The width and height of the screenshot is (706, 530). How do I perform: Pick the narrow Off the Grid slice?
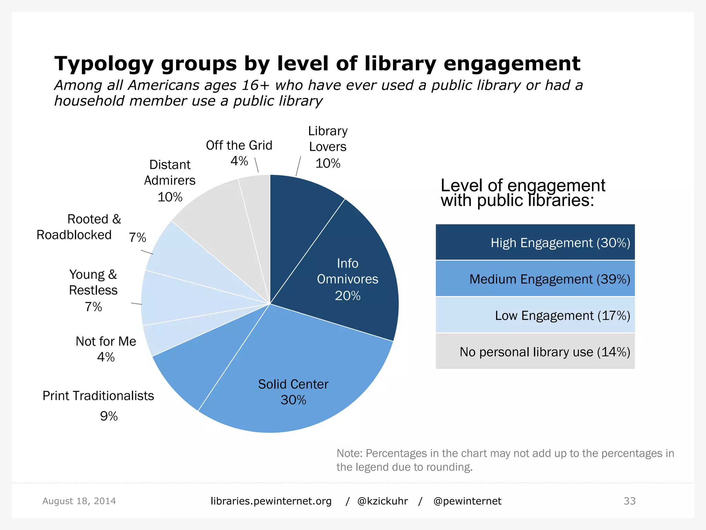[x=257, y=207]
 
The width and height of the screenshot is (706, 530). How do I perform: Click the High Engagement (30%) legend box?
[x=535, y=242]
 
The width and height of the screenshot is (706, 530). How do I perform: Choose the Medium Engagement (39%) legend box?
[x=535, y=278]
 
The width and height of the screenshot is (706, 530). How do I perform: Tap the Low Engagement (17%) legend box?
[x=535, y=315]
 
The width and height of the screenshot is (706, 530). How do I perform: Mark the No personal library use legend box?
[x=535, y=351]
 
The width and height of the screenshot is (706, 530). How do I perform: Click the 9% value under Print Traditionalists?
[x=109, y=416]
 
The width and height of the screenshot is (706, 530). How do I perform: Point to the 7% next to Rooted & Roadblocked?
[x=138, y=237]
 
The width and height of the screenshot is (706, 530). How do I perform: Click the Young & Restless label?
[x=93, y=282]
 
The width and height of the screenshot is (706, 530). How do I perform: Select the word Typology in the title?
[x=104, y=64]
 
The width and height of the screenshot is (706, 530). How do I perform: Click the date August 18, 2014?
[x=79, y=501]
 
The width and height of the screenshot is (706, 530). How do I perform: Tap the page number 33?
[x=629, y=501]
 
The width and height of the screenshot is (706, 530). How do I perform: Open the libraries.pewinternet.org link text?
[x=271, y=501]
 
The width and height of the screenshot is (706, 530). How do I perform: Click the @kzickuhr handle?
[x=383, y=501]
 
